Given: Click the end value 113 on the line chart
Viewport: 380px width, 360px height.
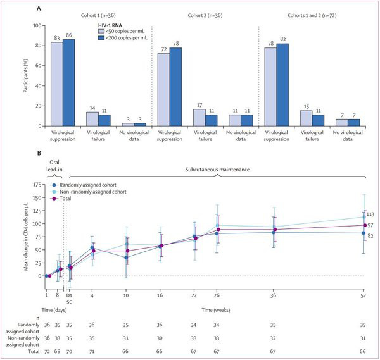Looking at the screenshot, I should (372, 214).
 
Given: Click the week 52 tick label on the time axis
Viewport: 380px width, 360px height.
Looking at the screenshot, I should (364, 295).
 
